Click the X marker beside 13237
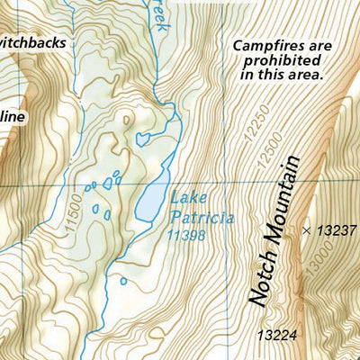click(307, 230)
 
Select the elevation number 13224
click(276, 335)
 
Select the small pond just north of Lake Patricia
click(142, 139)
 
